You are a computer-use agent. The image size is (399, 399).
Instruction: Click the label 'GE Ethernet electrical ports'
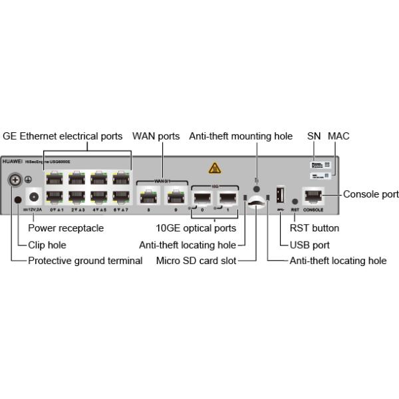click(63, 136)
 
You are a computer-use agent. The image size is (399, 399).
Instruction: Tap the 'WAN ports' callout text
click(156, 136)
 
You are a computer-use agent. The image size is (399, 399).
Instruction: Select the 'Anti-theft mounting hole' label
click(241, 136)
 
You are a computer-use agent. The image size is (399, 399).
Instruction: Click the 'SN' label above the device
click(314, 136)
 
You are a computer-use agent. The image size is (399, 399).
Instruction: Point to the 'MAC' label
click(338, 136)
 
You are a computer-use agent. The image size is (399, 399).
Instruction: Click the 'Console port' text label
click(371, 195)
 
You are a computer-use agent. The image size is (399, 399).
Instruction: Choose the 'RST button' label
click(315, 228)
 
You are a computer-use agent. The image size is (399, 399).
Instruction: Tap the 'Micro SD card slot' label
click(196, 261)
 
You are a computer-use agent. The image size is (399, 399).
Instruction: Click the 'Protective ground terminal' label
click(85, 261)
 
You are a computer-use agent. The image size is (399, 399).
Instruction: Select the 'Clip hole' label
click(47, 245)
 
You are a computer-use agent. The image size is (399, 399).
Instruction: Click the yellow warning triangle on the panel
click(214, 168)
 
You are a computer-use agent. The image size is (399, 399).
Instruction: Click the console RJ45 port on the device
click(313, 196)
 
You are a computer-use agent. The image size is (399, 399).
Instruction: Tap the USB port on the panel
click(281, 196)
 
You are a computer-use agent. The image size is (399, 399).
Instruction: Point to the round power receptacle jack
click(34, 196)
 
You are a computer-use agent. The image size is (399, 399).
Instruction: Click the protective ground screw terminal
click(15, 180)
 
